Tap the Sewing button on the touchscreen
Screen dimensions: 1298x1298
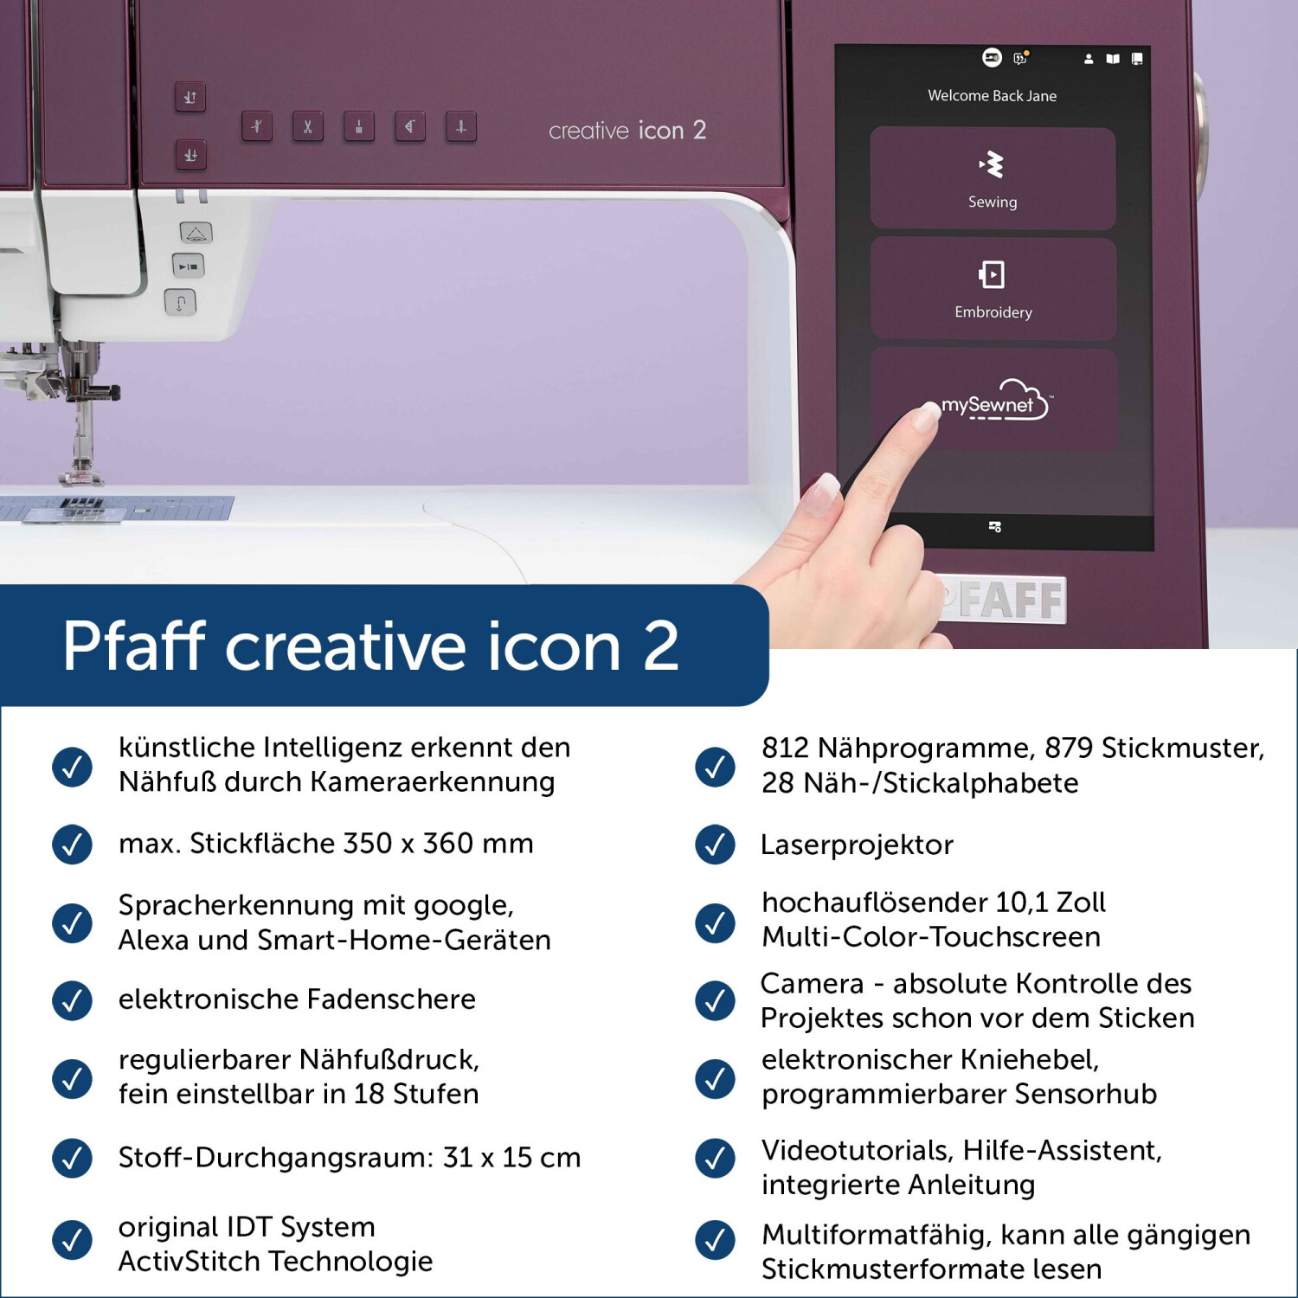[x=993, y=178]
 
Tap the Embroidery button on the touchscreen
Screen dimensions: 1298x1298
[x=993, y=288]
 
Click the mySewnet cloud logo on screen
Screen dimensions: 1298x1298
[x=995, y=402]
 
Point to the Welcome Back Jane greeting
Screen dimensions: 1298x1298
[x=993, y=96]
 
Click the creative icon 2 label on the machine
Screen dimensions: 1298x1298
[x=627, y=131]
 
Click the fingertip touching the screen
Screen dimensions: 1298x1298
[x=927, y=416]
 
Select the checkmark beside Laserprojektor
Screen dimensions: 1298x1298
[x=716, y=845]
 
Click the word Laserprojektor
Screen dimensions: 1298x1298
[x=857, y=845]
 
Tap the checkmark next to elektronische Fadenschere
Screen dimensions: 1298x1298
[x=73, y=1000]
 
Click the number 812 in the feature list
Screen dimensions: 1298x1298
[x=785, y=748]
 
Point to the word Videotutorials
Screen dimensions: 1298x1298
[x=858, y=1151]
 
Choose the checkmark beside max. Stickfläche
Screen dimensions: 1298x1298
[x=73, y=845]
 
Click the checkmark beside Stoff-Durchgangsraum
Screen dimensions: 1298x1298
[x=73, y=1158]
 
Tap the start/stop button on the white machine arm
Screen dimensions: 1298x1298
[x=188, y=267]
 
